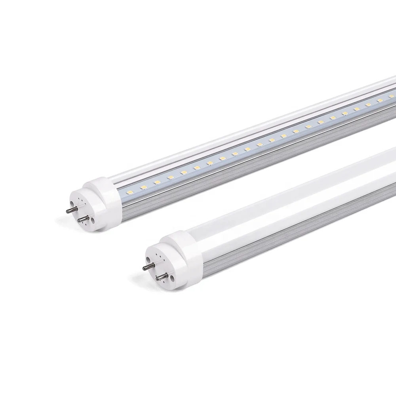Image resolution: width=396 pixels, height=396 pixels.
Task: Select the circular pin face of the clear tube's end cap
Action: click(x=79, y=208)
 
